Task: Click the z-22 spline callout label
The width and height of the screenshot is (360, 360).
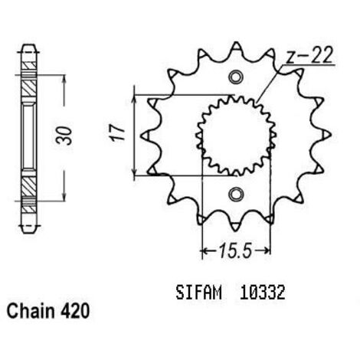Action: [309, 55]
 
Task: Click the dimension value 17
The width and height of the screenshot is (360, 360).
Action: [117, 133]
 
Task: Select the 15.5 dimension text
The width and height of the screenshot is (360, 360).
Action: [236, 250]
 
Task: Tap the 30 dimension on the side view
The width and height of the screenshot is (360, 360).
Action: [64, 136]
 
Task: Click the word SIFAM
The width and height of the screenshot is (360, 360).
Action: [198, 293]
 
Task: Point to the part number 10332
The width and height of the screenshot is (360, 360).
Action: [262, 293]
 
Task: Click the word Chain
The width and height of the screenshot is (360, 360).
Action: [31, 312]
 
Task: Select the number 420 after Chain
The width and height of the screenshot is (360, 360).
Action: [75, 312]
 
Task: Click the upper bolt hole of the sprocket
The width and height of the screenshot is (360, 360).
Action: [235, 77]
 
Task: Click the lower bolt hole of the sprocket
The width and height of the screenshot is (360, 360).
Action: [235, 195]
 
